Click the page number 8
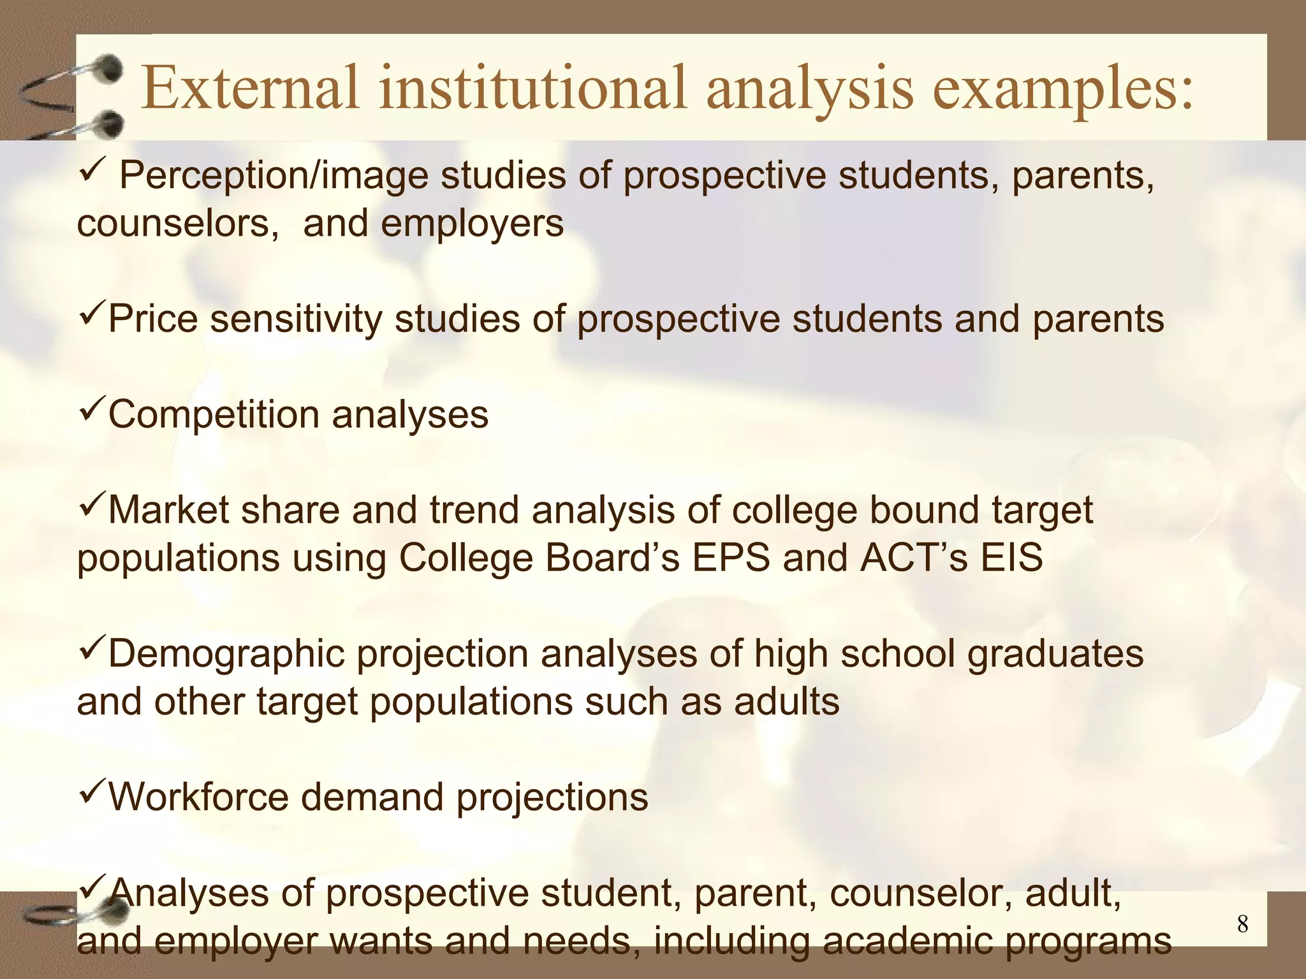coord(1242,924)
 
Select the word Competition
coord(214,415)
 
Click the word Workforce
coord(198,797)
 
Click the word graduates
coord(1056,655)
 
